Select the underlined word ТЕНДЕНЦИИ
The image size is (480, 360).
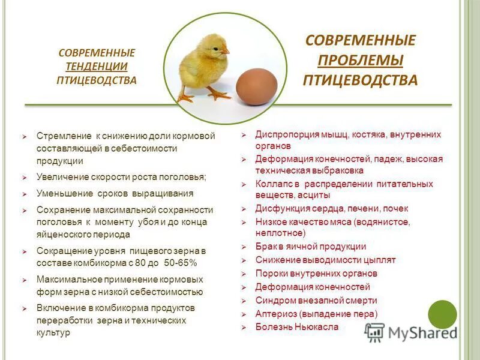(x=97, y=66)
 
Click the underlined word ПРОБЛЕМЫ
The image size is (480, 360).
(x=360, y=60)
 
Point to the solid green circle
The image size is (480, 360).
(x=442, y=314)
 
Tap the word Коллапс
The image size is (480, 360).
(x=274, y=184)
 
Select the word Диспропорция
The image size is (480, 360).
(x=286, y=134)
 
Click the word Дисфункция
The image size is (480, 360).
(x=282, y=209)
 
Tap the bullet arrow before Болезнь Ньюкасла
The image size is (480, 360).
(x=244, y=328)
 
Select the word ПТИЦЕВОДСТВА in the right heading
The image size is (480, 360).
(x=360, y=80)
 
